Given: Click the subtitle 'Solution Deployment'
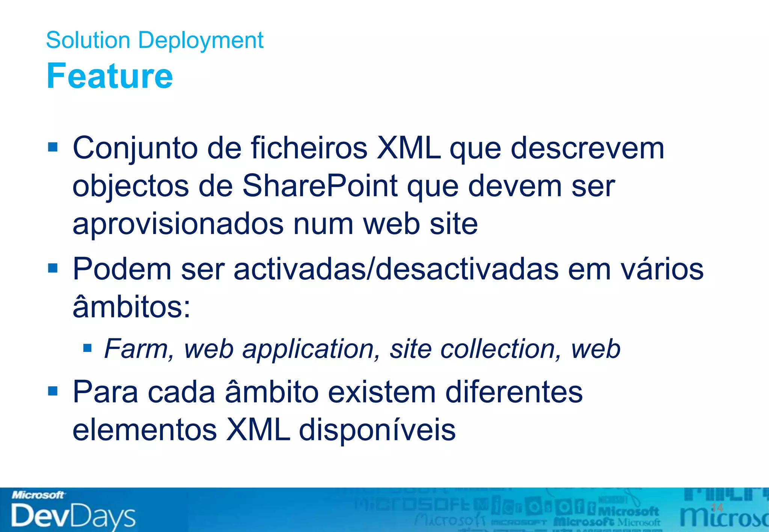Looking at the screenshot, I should tap(154, 40).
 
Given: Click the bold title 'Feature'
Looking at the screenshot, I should tap(109, 76).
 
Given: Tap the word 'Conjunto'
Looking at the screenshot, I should tap(135, 149).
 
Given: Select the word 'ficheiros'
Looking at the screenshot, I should tap(309, 148).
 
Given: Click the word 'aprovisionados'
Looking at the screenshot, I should tap(178, 224).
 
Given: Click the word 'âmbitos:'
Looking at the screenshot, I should tap(131, 307).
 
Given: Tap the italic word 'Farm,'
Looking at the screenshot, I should tap(139, 349).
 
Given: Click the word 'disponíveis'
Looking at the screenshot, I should tap(377, 430).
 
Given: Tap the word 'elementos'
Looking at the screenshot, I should tap(145, 430).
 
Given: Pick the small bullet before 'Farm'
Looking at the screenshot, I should tap(87, 348).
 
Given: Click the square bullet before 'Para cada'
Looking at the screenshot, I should tap(53, 391).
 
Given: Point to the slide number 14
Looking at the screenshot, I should tap(717, 508).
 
